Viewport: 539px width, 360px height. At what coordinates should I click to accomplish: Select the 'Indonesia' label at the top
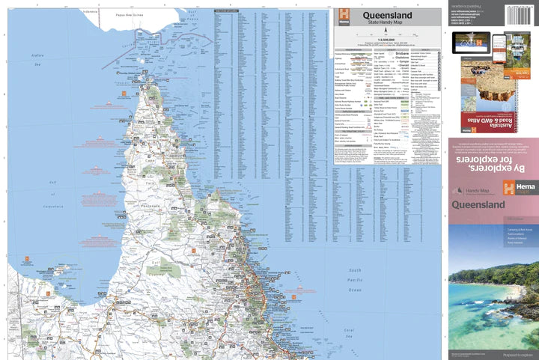click(91, 11)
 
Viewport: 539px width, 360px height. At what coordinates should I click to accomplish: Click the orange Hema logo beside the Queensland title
click(344, 14)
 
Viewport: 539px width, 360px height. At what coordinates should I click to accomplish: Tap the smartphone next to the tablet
click(517, 49)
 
